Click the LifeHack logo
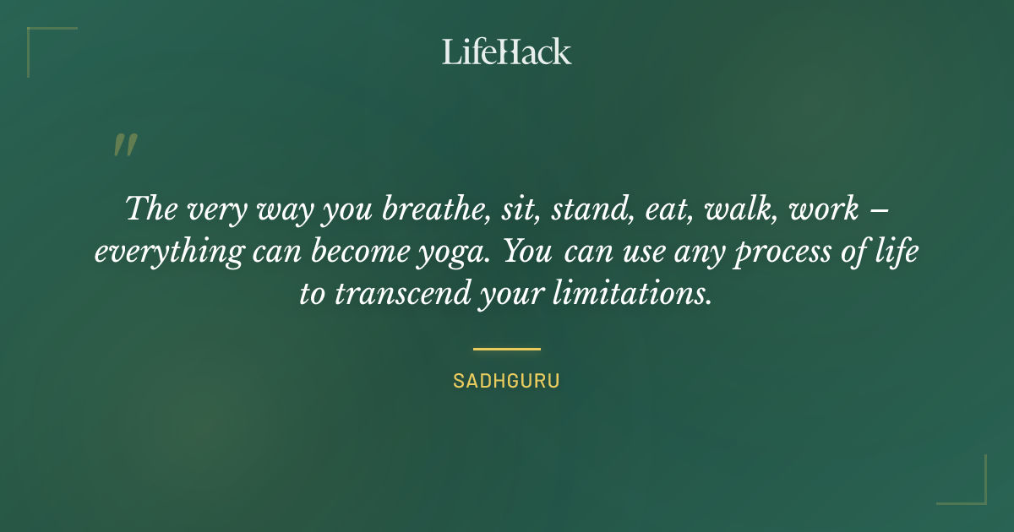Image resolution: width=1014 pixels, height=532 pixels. [507, 52]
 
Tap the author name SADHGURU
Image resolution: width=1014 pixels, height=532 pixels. [506, 381]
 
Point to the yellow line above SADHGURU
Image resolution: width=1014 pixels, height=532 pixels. [506, 348]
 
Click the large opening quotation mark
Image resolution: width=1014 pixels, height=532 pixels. [124, 145]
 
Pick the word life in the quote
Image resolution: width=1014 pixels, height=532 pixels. [894, 252]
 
